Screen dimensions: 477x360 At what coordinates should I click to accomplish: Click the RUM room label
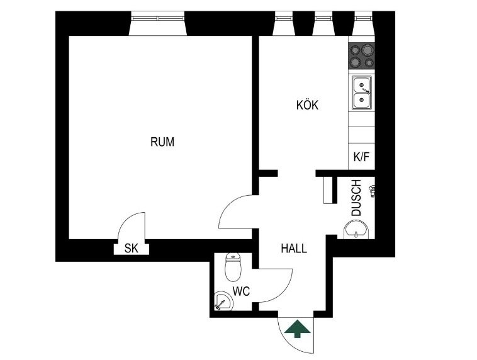pyautogui.click(x=162, y=142)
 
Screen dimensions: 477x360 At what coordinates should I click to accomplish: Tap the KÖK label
pyautogui.click(x=307, y=105)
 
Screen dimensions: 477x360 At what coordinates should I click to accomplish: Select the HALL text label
pyautogui.click(x=294, y=249)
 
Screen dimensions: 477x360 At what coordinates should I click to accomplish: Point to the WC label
pyautogui.click(x=241, y=291)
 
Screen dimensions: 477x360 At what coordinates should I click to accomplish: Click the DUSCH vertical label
pyautogui.click(x=356, y=198)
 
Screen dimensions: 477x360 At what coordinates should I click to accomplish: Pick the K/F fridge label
pyautogui.click(x=361, y=157)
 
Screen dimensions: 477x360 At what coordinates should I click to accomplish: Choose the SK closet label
pyautogui.click(x=132, y=249)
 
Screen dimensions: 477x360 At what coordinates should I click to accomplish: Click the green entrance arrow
pyautogui.click(x=298, y=329)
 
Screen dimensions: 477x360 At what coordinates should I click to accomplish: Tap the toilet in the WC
pyautogui.click(x=233, y=267)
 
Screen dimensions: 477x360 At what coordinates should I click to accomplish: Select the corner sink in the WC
pyautogui.click(x=223, y=301)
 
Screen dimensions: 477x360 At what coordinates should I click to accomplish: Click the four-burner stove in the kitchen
pyautogui.click(x=361, y=55)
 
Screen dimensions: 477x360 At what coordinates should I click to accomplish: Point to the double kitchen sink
pyautogui.click(x=362, y=93)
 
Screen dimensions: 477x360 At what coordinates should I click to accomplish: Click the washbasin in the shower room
pyautogui.click(x=356, y=230)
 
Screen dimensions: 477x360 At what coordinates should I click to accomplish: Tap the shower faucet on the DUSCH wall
pyautogui.click(x=372, y=191)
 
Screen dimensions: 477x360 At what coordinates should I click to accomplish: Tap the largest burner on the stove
pyautogui.click(x=368, y=49)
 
